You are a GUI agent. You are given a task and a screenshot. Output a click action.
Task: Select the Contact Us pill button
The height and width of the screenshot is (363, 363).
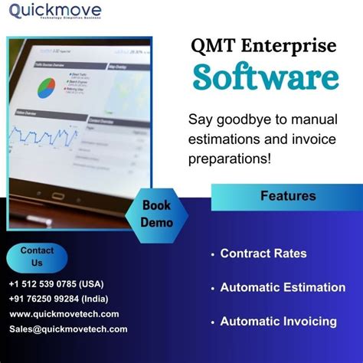click(37, 257)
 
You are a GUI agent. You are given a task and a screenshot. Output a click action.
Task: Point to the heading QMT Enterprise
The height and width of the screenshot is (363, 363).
click(264, 46)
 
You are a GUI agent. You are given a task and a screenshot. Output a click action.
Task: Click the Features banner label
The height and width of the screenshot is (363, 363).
click(288, 196)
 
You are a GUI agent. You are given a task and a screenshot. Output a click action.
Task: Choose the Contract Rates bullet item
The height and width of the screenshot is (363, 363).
click(263, 253)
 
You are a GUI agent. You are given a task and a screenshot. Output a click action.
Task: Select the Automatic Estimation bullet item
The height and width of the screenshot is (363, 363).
click(283, 288)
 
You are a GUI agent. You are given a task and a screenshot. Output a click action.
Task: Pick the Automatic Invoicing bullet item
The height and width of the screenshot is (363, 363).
click(278, 322)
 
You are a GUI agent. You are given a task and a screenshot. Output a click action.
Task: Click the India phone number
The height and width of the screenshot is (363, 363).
click(57, 299)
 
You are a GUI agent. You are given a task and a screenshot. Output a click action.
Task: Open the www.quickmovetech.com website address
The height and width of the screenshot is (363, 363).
click(64, 314)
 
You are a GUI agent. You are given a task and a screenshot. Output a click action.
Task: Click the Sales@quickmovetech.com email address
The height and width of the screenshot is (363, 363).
click(68, 329)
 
